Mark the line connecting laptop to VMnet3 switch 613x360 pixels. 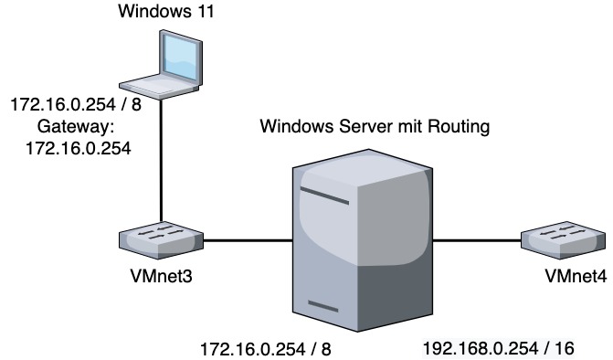pos(163,164)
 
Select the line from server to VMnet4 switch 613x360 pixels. pos(475,241)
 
